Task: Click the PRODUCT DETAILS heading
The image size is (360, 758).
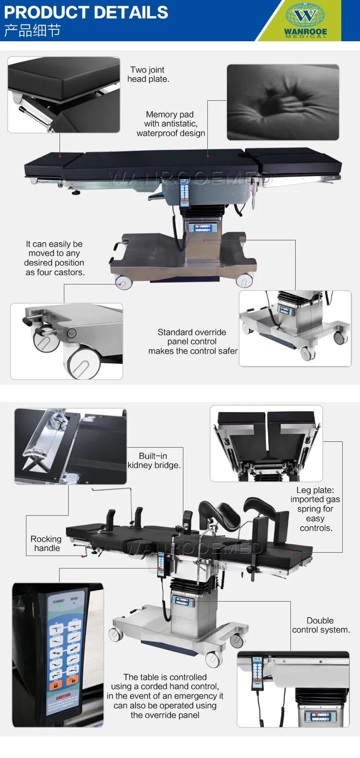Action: [86, 12]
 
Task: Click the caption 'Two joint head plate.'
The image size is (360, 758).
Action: [148, 74]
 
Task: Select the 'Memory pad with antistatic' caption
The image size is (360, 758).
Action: [170, 124]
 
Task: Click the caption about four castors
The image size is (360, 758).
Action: [55, 258]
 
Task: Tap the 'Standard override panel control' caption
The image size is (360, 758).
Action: [192, 342]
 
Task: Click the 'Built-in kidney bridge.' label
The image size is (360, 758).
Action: [154, 461]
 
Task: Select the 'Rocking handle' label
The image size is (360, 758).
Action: [47, 544]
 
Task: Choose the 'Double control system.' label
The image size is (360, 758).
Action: [321, 625]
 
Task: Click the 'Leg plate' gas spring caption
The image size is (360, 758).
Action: [315, 509]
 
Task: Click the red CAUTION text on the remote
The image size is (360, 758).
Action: [63, 697]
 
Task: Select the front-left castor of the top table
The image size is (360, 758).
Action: [123, 283]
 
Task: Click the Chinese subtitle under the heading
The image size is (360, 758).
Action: [32, 31]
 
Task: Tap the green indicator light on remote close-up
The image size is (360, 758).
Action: [59, 605]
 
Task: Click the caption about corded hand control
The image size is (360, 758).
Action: [165, 696]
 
